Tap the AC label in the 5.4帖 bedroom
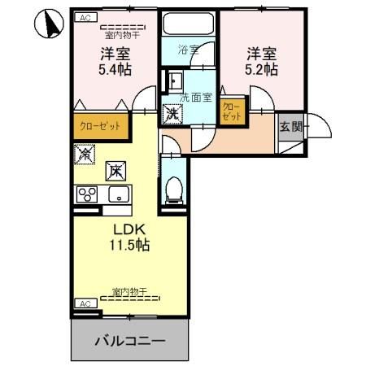[84, 17]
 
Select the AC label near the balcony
[84, 303]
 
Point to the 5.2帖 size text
[261, 70]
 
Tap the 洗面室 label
[195, 98]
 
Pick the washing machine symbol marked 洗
[171, 114]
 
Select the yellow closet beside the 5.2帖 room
[231, 111]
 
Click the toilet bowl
[172, 188]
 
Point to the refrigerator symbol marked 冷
[85, 152]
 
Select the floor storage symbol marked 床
[115, 171]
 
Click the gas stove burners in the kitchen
[86, 195]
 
